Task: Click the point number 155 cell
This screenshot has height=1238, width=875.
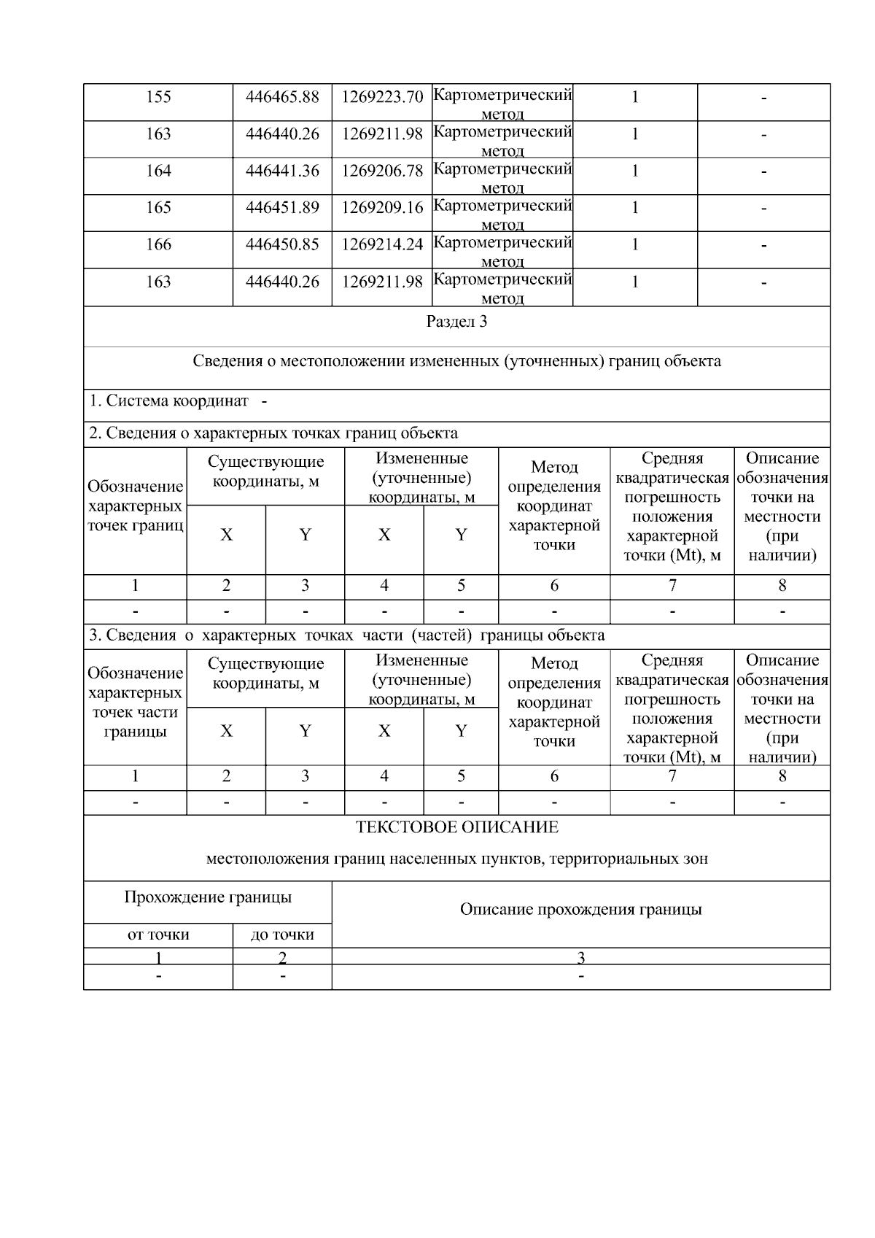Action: (x=158, y=97)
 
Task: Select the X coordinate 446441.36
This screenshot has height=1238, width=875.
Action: (x=282, y=171)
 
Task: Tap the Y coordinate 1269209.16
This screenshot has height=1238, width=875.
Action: (x=382, y=208)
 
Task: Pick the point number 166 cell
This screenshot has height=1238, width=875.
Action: (x=158, y=244)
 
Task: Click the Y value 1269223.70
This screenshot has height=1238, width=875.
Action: (x=382, y=97)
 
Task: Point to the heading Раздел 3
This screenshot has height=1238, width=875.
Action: (x=456, y=322)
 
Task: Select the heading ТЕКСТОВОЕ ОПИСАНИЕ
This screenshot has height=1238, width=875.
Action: (x=456, y=827)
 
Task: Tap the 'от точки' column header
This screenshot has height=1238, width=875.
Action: (x=158, y=935)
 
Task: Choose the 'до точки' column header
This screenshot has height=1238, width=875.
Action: (x=282, y=935)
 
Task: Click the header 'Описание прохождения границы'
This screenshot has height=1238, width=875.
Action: (x=580, y=909)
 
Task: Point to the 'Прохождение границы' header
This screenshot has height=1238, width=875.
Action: (x=208, y=897)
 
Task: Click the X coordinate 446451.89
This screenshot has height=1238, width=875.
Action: (x=282, y=208)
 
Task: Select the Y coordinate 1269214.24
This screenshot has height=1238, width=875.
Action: (x=382, y=244)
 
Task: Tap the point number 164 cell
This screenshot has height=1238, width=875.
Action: (x=158, y=171)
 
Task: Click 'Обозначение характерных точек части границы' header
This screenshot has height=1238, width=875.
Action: (x=135, y=702)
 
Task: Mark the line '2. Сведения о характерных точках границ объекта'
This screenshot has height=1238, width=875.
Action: (x=273, y=433)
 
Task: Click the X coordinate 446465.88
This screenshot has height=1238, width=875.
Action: (x=282, y=97)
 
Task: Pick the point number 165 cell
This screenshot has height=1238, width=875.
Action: (x=158, y=208)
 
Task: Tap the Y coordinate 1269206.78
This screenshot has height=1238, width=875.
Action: (x=382, y=171)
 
